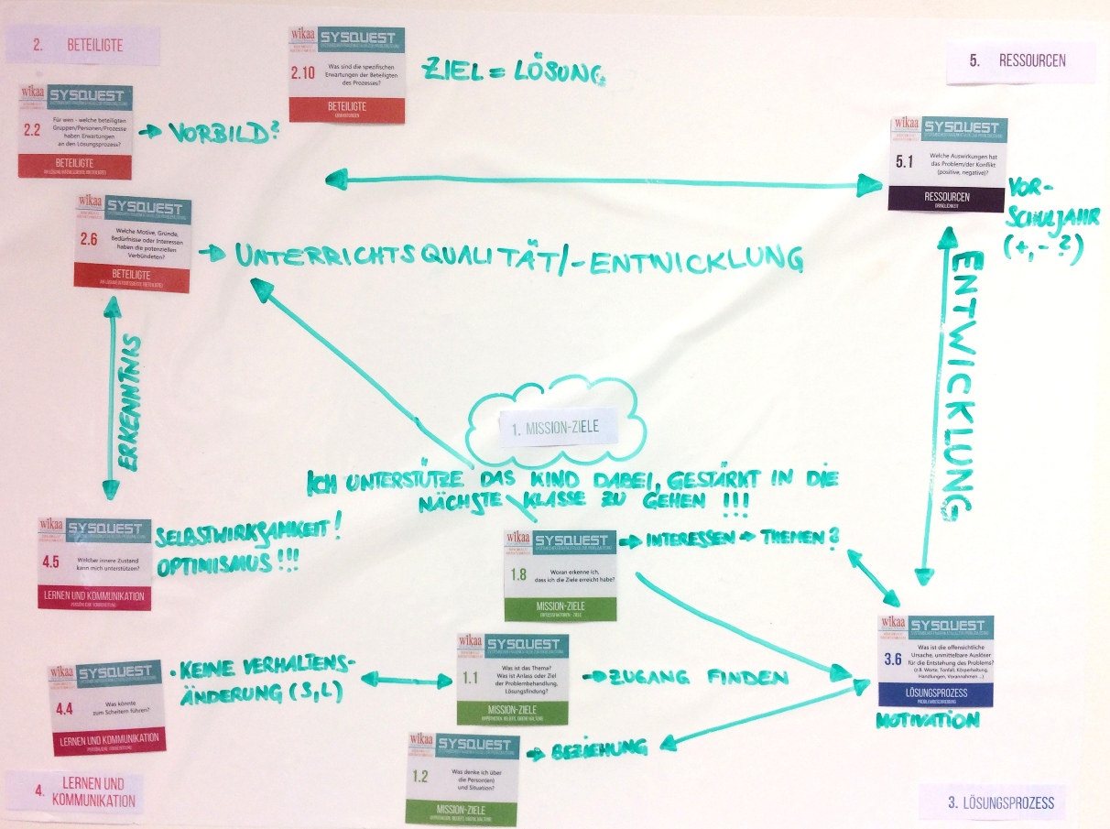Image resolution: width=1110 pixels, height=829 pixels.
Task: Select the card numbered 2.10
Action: tap(346, 74)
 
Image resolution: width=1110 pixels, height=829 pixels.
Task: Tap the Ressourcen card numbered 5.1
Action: tap(946, 164)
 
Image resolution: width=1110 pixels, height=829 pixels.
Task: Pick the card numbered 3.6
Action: tap(936, 662)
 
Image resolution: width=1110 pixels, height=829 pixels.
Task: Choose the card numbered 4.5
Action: tap(95, 562)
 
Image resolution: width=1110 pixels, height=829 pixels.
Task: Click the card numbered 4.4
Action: tap(107, 709)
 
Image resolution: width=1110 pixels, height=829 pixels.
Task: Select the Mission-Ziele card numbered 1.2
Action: tap(463, 776)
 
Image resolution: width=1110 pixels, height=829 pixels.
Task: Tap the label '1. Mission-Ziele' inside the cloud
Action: tap(560, 427)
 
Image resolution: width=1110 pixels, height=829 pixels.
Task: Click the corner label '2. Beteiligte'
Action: tap(83, 44)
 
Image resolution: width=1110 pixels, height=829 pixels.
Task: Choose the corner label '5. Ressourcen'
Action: tap(1018, 61)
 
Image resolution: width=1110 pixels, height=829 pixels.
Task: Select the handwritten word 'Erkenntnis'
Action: tap(133, 403)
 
